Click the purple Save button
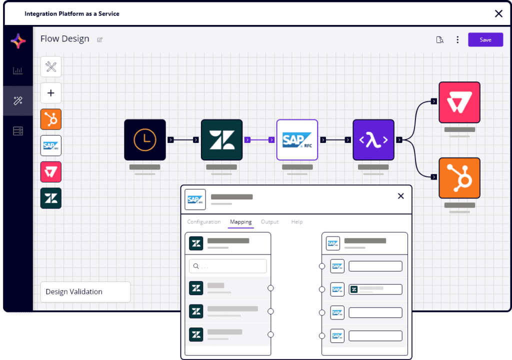coord(485,40)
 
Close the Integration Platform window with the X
coord(498,13)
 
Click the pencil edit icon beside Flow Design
coord(100,40)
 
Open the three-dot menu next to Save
coord(457,40)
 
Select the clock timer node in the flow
coord(145,140)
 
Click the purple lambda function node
coord(373,140)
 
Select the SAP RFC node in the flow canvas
coord(297,140)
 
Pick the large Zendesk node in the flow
coord(221,140)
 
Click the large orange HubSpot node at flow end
coord(459,178)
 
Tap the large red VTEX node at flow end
coord(459,102)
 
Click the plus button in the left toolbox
coord(51,93)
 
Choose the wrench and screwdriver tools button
coord(51,67)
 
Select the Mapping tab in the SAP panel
coord(240,222)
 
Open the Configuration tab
coord(203,222)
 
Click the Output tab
coord(269,222)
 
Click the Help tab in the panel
coord(297,222)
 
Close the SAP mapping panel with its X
coord(400,196)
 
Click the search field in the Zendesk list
coord(228,266)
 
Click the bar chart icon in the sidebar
coord(18,70)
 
